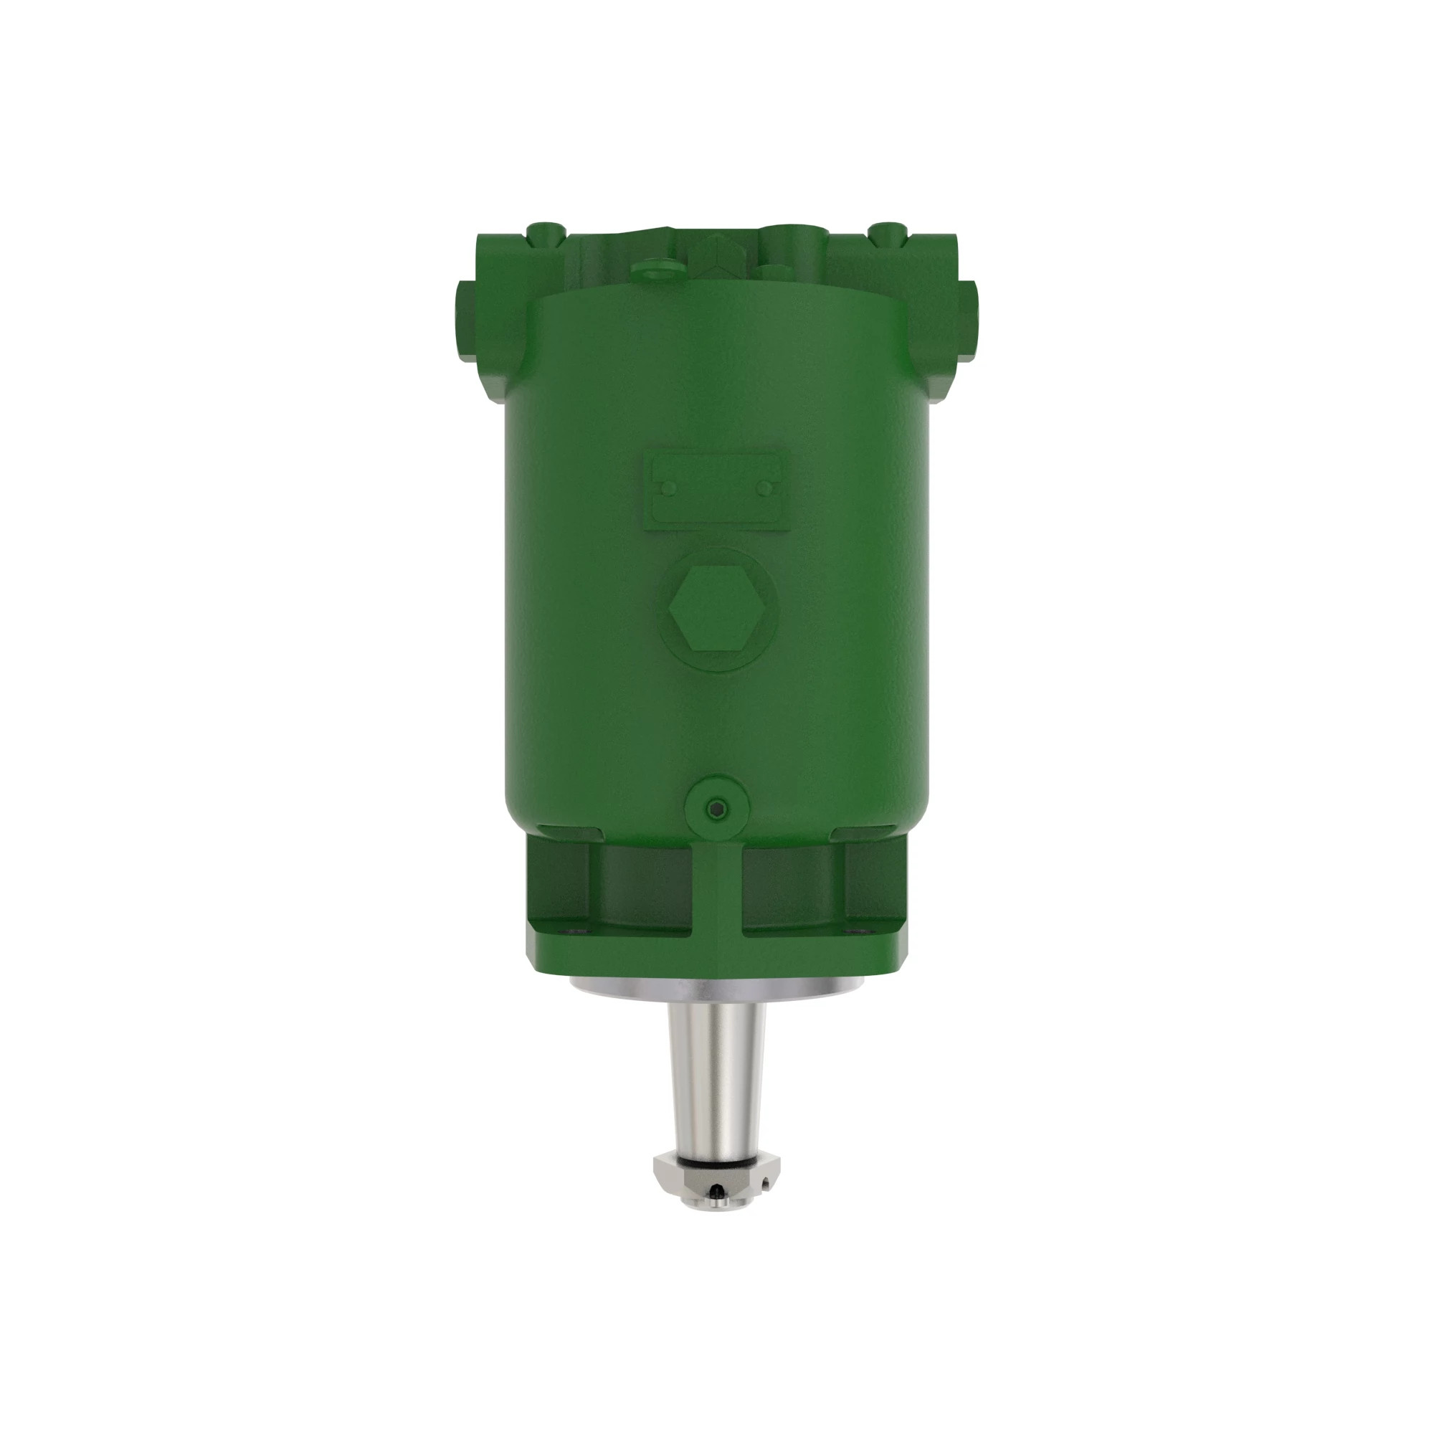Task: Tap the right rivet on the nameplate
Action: [765, 488]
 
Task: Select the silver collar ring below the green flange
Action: [717, 987]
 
